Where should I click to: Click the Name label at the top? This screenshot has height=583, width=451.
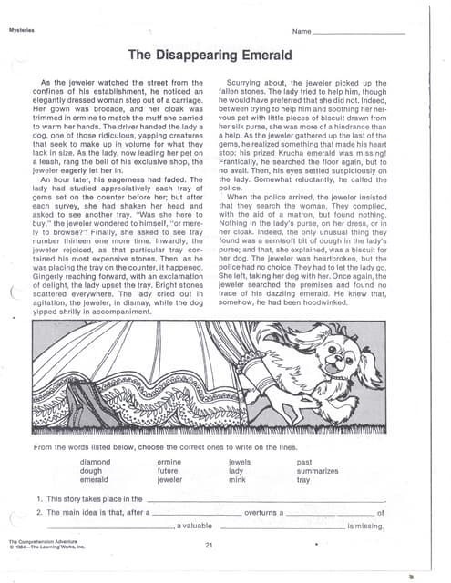pyautogui.click(x=302, y=32)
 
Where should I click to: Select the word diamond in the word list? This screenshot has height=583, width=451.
pyautogui.click(x=95, y=462)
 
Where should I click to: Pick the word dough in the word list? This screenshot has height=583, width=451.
pyautogui.click(x=92, y=471)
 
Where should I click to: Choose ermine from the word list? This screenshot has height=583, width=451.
pyautogui.click(x=169, y=462)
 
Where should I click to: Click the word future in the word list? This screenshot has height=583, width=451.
pyautogui.click(x=169, y=471)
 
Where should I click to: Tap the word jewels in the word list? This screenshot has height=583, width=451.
pyautogui.click(x=240, y=462)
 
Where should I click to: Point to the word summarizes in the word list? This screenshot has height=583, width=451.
pyautogui.click(x=318, y=471)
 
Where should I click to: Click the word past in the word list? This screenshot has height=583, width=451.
pyautogui.click(x=304, y=462)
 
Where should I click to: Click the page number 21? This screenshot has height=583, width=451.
pyautogui.click(x=209, y=545)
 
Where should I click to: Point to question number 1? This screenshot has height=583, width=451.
pyautogui.click(x=39, y=499)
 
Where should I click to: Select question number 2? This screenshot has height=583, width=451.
pyautogui.click(x=39, y=513)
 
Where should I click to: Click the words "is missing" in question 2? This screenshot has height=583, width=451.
pyautogui.click(x=365, y=527)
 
